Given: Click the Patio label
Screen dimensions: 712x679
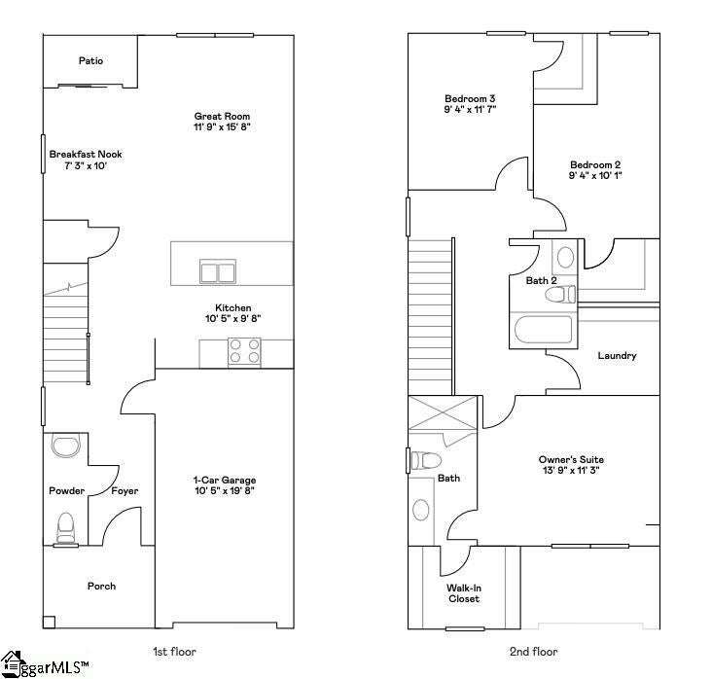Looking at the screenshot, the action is [90, 61].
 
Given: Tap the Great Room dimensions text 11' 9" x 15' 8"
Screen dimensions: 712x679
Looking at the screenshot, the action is [222, 127].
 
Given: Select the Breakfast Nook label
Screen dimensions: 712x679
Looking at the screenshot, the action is [86, 155].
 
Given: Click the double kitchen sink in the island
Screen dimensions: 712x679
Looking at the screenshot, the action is [218, 271].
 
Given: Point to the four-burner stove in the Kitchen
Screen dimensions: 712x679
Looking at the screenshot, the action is [244, 351].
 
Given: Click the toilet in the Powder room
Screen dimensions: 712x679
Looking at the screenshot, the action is [66, 528].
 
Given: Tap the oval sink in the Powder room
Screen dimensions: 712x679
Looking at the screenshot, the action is [66, 445].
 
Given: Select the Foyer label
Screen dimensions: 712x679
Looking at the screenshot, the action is [125, 491].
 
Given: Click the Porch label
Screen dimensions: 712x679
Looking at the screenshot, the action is [102, 587].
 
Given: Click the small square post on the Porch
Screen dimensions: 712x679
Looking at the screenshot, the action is [49, 622].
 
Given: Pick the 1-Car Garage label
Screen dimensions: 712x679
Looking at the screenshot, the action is [225, 481].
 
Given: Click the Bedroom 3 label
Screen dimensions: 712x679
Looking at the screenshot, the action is [470, 98].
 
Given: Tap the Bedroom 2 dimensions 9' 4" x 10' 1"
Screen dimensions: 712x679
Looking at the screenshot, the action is [595, 176].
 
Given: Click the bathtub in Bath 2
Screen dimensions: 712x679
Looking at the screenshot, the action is [544, 330].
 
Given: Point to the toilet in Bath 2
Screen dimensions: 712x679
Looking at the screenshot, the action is [560, 295].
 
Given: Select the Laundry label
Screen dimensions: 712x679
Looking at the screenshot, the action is [617, 356].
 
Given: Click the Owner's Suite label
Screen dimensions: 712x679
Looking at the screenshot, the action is [571, 459].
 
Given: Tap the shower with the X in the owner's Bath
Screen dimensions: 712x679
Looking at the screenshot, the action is [444, 412].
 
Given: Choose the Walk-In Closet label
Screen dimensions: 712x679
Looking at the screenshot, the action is [464, 593].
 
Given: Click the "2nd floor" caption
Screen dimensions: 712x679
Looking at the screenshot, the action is [534, 652].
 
